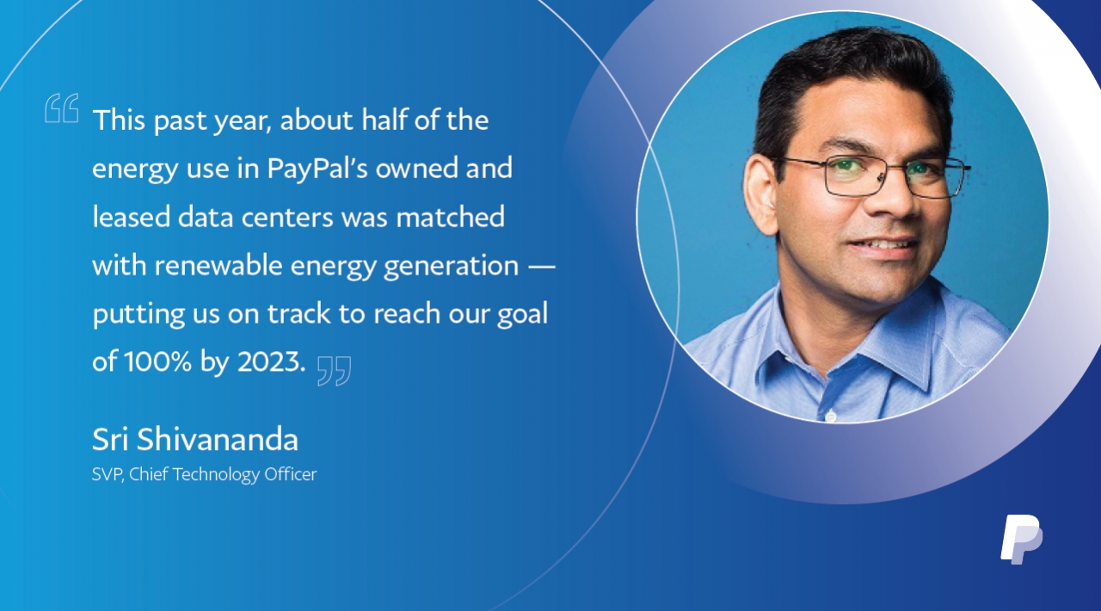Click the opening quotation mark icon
61,108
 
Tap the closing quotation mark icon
335,371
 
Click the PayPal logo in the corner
1021,540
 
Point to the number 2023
271,361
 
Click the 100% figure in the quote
157,361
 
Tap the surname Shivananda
218,439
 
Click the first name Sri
111,439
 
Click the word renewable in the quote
218,265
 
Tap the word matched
450,217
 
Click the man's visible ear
761,194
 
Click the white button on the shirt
830,417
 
